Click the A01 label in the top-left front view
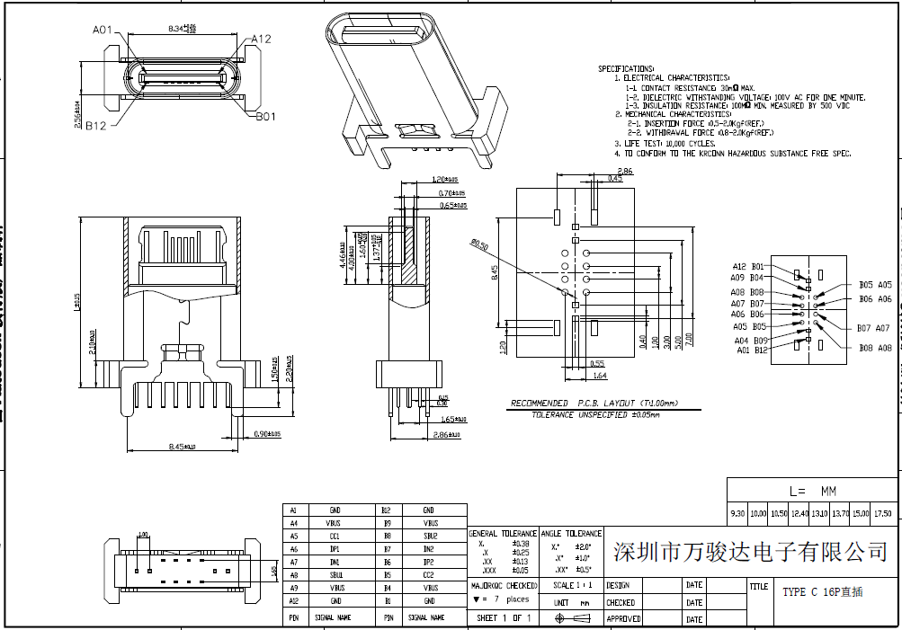(103, 30)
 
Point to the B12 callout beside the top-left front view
(96, 126)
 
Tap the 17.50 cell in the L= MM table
(882, 513)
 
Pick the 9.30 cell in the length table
(737, 513)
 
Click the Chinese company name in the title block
(750, 550)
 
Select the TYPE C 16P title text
(823, 592)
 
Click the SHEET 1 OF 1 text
(504, 617)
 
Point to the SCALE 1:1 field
(572, 585)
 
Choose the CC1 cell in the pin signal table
(334, 536)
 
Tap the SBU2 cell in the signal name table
(429, 536)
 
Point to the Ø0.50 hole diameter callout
(478, 244)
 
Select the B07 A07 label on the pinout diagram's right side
(873, 328)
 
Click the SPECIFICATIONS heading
(626, 68)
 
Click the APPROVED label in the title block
(623, 618)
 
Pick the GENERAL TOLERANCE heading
(503, 533)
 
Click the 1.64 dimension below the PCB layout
(600, 375)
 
